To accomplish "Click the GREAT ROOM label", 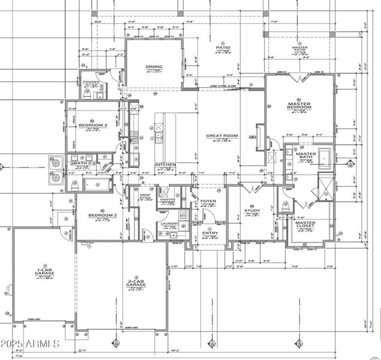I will [x=223, y=136].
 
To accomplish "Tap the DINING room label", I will [x=154, y=67].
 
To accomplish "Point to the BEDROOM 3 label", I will [x=93, y=125].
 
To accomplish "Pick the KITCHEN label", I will [x=165, y=164].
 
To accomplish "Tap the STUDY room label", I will [x=251, y=211].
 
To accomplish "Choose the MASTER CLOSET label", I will [x=305, y=224].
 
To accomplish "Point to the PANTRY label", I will [x=166, y=200].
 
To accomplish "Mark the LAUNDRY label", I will [x=170, y=224].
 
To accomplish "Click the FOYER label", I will [x=208, y=201].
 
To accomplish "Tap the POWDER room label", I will [x=91, y=82].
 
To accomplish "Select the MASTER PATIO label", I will [x=300, y=49].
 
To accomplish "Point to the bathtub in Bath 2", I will [x=96, y=184].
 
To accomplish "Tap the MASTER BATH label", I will [x=306, y=156].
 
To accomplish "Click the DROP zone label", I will [x=145, y=196].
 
